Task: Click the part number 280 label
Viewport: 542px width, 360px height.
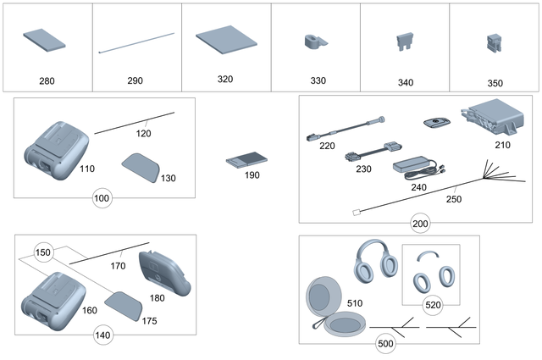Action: click(x=47, y=81)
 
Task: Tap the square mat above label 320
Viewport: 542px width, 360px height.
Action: click(x=224, y=40)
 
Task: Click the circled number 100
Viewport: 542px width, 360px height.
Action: click(x=102, y=198)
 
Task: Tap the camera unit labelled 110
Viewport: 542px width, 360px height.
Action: click(x=53, y=146)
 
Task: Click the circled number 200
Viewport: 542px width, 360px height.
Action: click(x=420, y=223)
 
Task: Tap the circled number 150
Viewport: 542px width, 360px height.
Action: click(x=43, y=252)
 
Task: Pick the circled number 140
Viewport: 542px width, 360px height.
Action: click(x=102, y=335)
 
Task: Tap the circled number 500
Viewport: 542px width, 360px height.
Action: click(x=384, y=344)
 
